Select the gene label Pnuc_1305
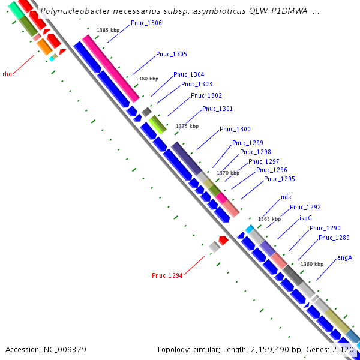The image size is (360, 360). click(171, 55)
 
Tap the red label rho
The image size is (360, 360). click(7, 74)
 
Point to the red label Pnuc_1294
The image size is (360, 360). click(167, 276)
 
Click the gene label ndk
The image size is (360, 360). click(286, 197)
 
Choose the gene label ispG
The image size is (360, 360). click(305, 218)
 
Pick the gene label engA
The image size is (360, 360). click(344, 258)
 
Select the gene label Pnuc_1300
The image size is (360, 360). click(235, 130)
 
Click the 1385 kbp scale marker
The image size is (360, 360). click(109, 30)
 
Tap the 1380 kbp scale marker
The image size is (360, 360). click(147, 79)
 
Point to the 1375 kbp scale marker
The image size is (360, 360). click(187, 126)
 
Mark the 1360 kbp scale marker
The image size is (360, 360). click(311, 264)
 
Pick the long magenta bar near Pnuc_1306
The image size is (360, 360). click(111, 68)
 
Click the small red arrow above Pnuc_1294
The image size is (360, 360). click(223, 240)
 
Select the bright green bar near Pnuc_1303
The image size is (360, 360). click(158, 124)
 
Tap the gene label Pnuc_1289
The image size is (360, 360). click(334, 238)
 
